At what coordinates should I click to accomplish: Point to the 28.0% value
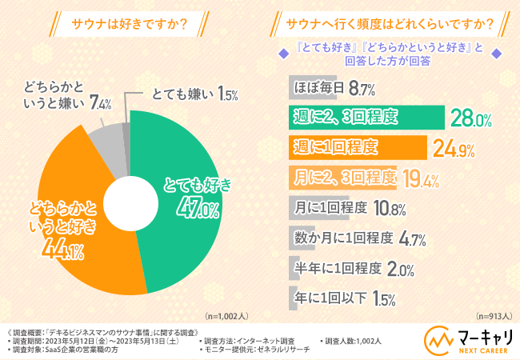(x=450, y=118)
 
